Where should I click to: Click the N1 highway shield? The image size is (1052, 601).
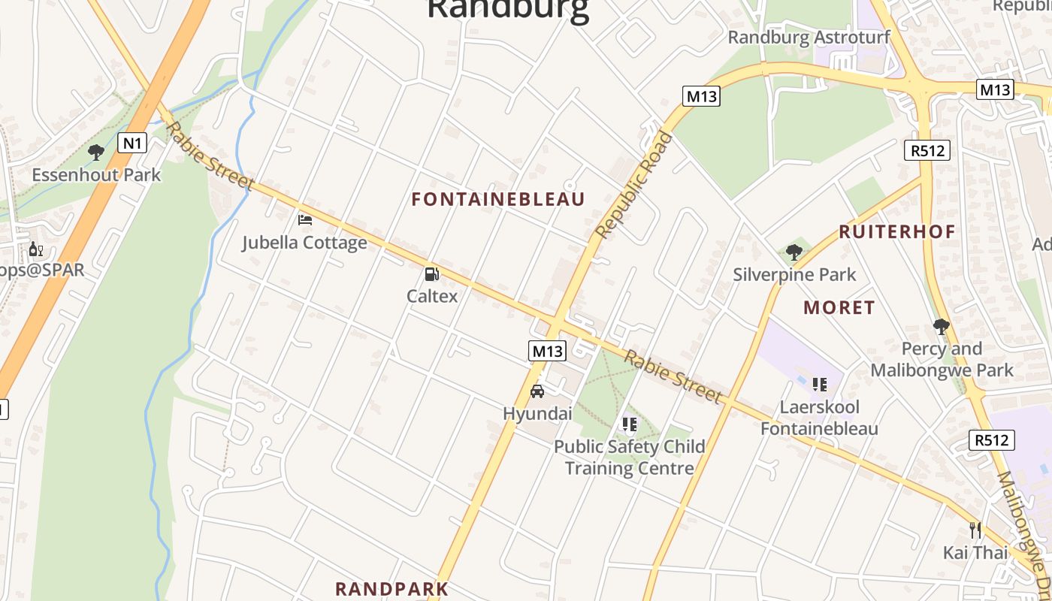131,142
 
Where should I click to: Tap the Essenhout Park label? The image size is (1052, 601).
96,175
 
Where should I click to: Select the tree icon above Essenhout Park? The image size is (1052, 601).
95,153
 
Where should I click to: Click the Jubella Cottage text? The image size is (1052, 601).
304,243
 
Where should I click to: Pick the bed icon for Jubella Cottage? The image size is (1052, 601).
304,220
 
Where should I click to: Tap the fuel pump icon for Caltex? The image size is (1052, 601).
431,274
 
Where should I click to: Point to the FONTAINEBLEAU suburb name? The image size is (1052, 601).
498,199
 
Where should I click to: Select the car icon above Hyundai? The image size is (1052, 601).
537,391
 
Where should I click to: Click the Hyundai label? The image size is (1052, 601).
537,413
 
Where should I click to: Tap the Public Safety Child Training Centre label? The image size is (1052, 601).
629,457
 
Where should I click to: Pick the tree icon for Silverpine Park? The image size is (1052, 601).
794,252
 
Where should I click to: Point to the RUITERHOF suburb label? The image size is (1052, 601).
896,231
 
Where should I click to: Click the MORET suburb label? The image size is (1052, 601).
839,307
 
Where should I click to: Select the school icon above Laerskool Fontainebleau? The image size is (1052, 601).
819,385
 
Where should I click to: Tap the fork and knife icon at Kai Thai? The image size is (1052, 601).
975,530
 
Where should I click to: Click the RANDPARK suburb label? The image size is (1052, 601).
391,588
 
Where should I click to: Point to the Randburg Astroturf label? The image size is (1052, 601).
809,37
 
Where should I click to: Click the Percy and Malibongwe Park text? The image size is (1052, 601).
942,359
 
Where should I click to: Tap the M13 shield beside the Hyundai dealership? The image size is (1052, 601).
547,351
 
